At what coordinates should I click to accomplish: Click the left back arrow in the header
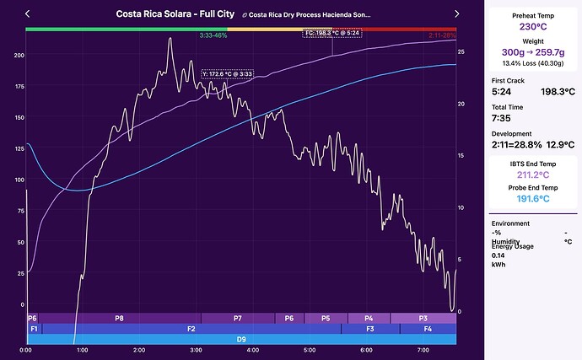pyautogui.click(x=29, y=14)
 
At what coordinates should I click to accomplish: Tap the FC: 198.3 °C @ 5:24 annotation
pyautogui.click(x=331, y=33)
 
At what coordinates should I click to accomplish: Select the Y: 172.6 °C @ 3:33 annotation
pyautogui.click(x=228, y=73)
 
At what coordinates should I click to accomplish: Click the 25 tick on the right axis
pyautogui.click(x=460, y=52)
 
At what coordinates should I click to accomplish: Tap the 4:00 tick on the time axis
pyautogui.click(x=252, y=350)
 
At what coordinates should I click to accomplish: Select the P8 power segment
pyautogui.click(x=119, y=318)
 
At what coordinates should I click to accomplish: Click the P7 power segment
pyautogui.click(x=238, y=318)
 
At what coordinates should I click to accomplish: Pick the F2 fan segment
pyautogui.click(x=191, y=328)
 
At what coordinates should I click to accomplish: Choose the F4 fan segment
pyautogui.click(x=428, y=328)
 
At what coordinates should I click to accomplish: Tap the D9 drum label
pyautogui.click(x=241, y=338)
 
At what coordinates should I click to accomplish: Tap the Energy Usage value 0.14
pyautogui.click(x=498, y=255)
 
